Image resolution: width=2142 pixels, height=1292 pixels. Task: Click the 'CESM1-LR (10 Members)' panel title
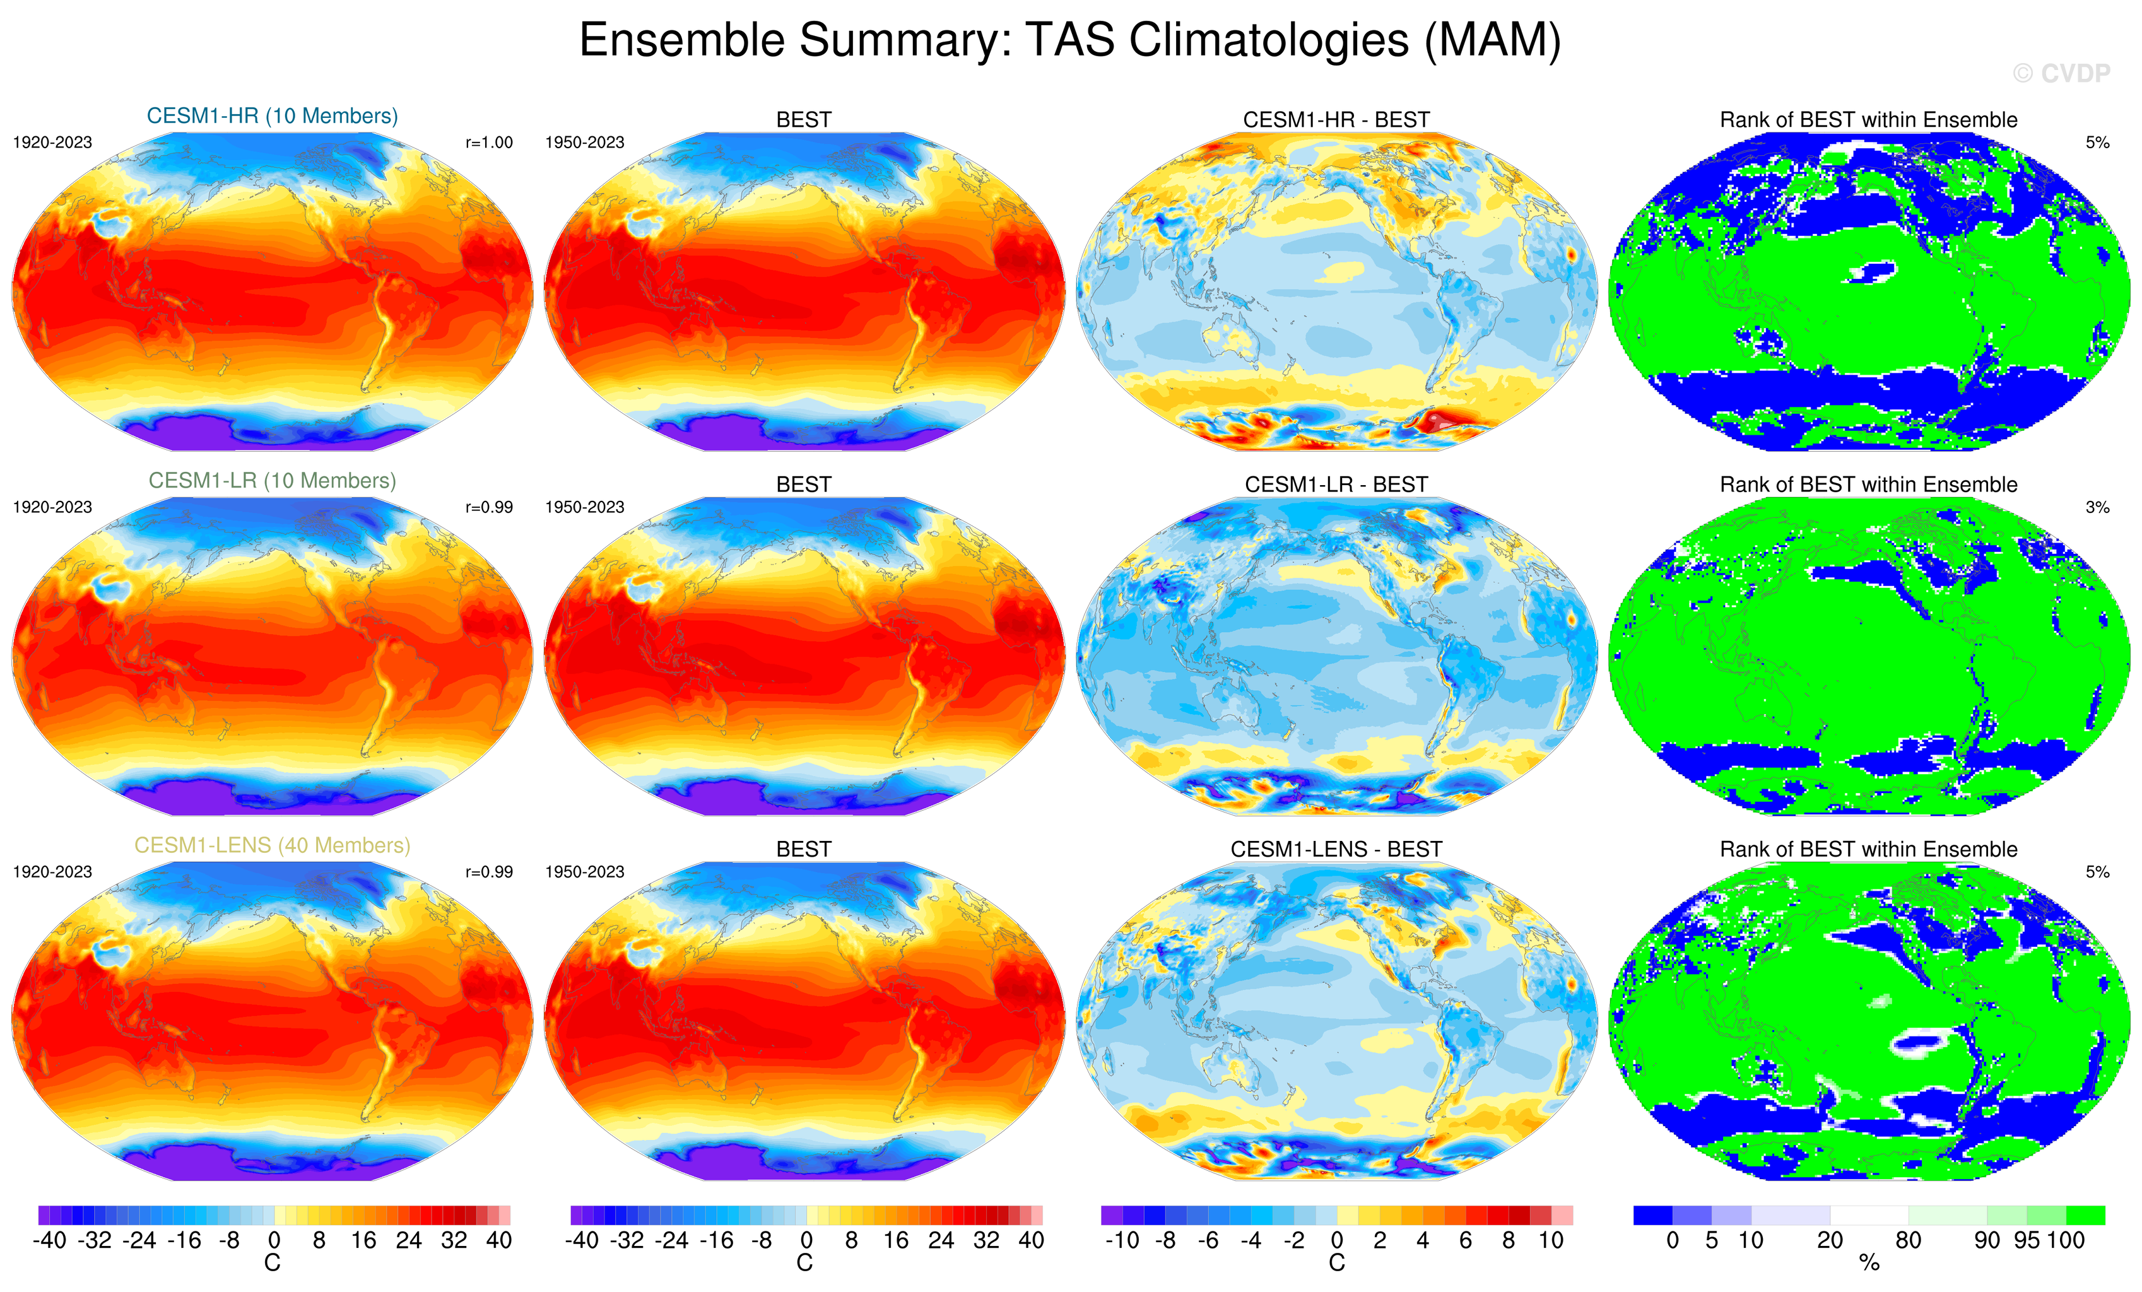tap(272, 480)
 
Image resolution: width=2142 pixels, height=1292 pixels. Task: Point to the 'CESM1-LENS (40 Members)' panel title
tap(272, 845)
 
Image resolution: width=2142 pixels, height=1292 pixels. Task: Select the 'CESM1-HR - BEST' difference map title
tap(1336, 120)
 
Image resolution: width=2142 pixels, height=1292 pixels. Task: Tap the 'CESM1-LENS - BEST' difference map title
tap(1336, 849)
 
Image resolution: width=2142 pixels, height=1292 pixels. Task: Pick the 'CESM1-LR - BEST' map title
tap(1336, 484)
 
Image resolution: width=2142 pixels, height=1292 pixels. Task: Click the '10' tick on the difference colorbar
tap(1551, 1241)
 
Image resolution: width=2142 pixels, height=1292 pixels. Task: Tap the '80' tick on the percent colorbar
tap(1908, 1241)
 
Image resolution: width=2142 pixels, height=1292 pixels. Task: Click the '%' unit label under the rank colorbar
tap(1869, 1264)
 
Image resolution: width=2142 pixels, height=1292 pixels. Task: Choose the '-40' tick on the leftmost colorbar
tap(50, 1241)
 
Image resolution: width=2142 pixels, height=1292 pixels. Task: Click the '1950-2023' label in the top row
tap(584, 143)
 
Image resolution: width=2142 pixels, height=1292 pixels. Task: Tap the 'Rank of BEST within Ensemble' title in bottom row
tap(1868, 849)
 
